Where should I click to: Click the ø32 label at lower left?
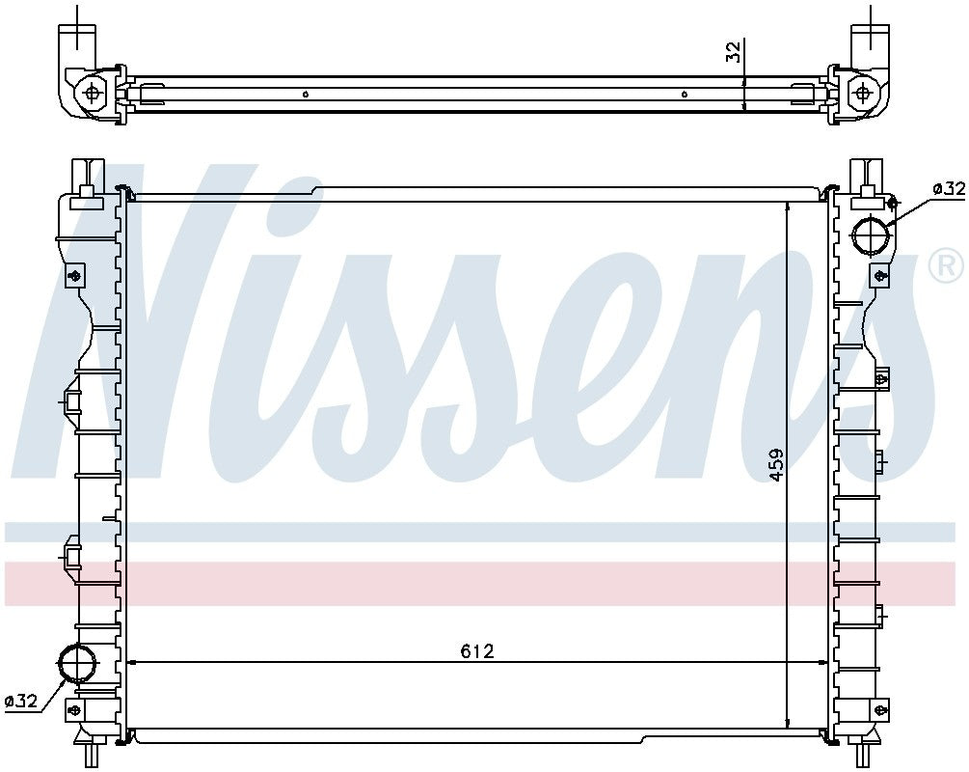coord(21,702)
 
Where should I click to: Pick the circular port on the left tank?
coord(77,663)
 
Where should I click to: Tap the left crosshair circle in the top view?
coord(93,93)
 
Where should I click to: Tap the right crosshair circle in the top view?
coord(861,93)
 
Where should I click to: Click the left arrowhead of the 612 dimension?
coord(134,662)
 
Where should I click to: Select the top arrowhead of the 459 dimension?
coord(789,206)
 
